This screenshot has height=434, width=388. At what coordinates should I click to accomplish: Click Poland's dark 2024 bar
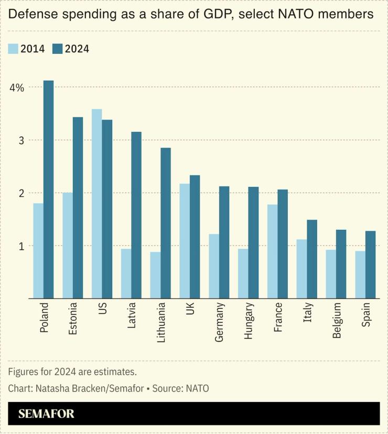tap(48, 190)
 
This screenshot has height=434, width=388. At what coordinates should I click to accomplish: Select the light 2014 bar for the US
tap(96, 204)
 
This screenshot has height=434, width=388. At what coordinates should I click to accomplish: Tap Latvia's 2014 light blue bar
tap(126, 273)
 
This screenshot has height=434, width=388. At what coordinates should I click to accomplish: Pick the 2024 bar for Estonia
tap(78, 208)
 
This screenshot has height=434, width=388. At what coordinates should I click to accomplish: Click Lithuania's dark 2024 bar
tap(166, 223)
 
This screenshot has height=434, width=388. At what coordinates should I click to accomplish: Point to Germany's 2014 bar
tap(214, 266)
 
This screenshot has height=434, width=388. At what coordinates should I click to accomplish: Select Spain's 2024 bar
tap(371, 264)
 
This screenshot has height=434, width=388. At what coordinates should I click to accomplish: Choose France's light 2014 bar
tap(273, 251)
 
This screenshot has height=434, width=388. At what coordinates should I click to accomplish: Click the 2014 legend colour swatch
tap(13, 49)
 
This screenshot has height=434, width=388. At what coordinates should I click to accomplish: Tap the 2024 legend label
tap(77, 49)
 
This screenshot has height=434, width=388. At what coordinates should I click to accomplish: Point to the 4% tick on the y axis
tap(16, 87)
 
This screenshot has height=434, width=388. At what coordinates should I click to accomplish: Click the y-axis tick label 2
tap(20, 193)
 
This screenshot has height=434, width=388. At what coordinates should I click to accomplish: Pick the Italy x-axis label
tap(308, 313)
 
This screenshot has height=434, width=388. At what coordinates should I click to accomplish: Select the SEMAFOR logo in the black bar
tap(46, 414)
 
